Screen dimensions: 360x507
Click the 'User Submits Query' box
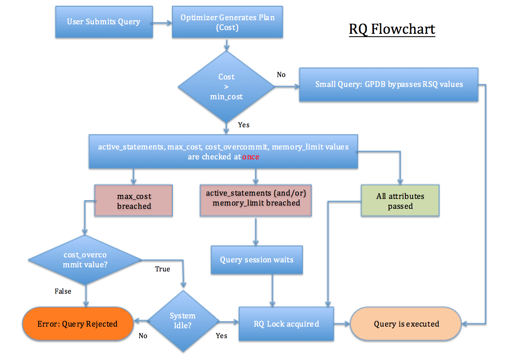click(x=104, y=22)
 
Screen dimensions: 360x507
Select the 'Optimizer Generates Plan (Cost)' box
click(x=227, y=22)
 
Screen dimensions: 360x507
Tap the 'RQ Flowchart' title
click(x=392, y=30)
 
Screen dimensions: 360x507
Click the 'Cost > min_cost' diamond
click(x=226, y=87)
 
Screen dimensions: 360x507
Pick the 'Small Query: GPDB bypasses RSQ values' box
click(x=388, y=84)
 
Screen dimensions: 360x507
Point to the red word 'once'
click(x=251, y=157)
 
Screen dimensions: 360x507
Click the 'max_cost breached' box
click(x=134, y=201)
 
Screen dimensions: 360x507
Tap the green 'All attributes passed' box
click(x=400, y=201)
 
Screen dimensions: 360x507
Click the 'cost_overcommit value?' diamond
click(x=85, y=260)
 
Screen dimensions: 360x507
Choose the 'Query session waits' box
click(x=257, y=260)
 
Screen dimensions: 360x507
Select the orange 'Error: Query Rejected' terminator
click(x=77, y=324)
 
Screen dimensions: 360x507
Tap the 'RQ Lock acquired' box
click(x=286, y=324)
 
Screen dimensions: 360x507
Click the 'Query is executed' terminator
click(x=406, y=324)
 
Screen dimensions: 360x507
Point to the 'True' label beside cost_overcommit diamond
click(x=162, y=269)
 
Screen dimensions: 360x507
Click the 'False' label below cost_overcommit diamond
click(x=63, y=291)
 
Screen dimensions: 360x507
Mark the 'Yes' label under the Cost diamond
click(x=244, y=124)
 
